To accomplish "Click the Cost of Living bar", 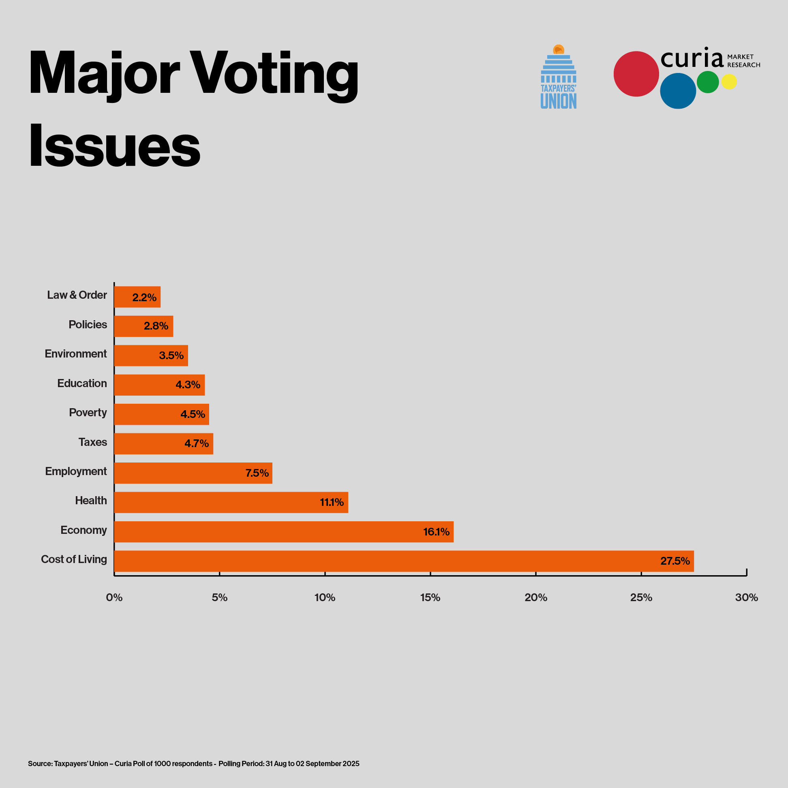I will coord(404,561).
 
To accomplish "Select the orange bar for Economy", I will coord(283,531).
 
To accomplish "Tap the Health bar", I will coord(231,502).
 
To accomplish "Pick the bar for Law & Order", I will coord(137,297).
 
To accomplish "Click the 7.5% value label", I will coord(257,473).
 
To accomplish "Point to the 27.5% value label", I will coord(675,561).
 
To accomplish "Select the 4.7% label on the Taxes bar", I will coord(197,444).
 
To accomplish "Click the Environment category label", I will coord(76,353).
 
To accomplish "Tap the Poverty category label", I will coord(88,412).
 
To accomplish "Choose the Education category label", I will coord(82,383).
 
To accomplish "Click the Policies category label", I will coord(88,325).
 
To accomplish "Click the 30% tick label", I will coord(746,597).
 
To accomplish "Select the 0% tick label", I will coord(114,597).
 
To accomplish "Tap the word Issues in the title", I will coord(115,146).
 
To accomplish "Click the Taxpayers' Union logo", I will coord(559,77).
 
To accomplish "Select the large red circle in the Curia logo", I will coord(636,74).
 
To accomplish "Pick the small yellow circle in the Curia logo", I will coord(729,81).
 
